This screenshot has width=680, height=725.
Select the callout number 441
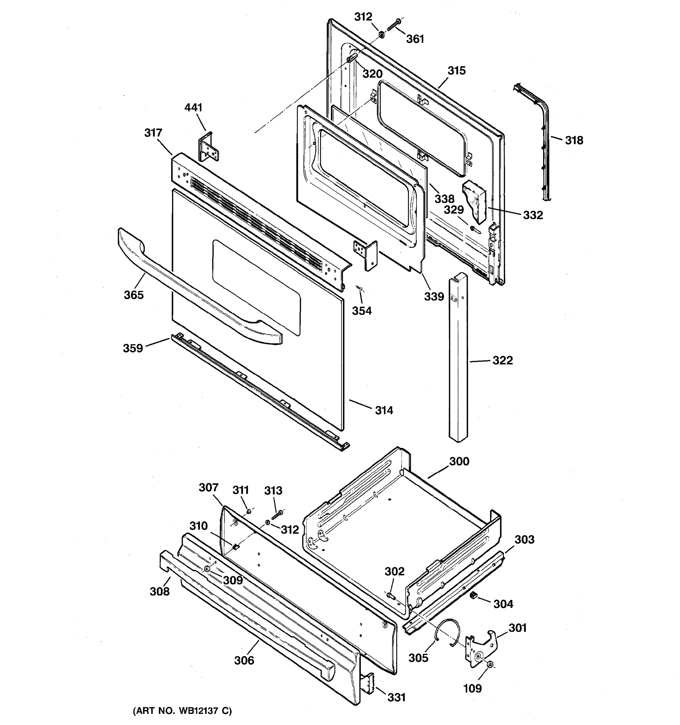pyautogui.click(x=193, y=108)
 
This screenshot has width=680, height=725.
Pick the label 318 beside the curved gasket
pyautogui.click(x=574, y=140)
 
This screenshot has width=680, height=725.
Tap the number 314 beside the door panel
pyautogui.click(x=384, y=410)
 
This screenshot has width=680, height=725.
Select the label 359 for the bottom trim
pyautogui.click(x=132, y=348)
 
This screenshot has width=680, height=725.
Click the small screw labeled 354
pyautogui.click(x=360, y=289)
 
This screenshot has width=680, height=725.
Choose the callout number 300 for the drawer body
pyautogui.click(x=459, y=461)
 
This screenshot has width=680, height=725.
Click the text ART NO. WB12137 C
pyautogui.click(x=182, y=710)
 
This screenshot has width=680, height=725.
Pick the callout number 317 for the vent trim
pyautogui.click(x=153, y=133)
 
